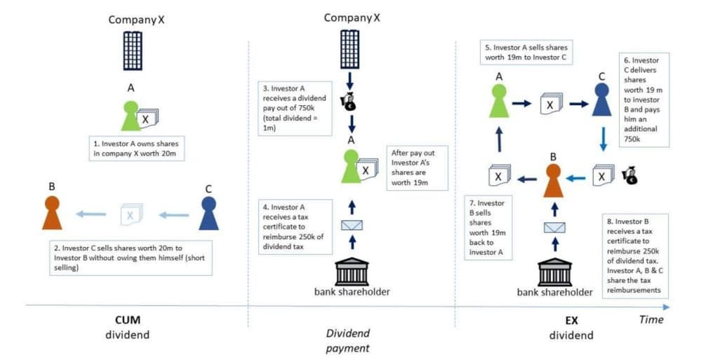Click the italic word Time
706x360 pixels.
point(651,319)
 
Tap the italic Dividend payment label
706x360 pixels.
point(349,340)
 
